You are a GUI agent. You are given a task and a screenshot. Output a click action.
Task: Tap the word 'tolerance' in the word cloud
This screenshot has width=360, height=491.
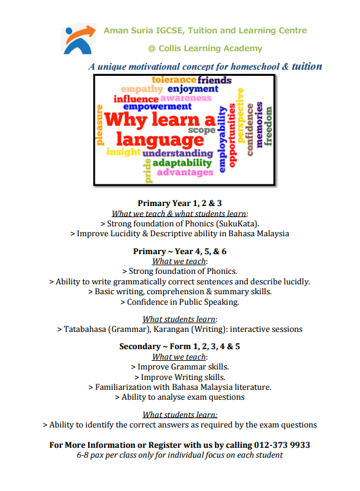[x=174, y=80]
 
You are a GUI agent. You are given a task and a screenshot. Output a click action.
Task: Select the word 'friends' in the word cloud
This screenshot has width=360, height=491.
[x=215, y=80]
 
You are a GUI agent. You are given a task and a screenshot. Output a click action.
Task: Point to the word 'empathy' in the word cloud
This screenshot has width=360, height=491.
[x=142, y=89]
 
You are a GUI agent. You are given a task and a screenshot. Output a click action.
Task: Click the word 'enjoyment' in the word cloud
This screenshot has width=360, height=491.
[x=193, y=89]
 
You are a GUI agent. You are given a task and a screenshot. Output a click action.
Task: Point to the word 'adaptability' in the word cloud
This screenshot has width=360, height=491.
[x=182, y=163]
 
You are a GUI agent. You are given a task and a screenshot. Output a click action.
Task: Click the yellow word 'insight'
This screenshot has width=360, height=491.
[x=124, y=152]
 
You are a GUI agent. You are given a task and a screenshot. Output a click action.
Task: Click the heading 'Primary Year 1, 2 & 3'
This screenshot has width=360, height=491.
[x=179, y=203]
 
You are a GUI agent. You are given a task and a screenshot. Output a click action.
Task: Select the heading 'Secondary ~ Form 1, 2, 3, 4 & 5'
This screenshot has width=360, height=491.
[x=179, y=346]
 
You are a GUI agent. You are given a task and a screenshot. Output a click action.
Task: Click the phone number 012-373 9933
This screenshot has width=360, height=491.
[x=282, y=445]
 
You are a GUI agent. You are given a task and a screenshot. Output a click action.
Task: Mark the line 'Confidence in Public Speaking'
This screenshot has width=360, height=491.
[x=182, y=302]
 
